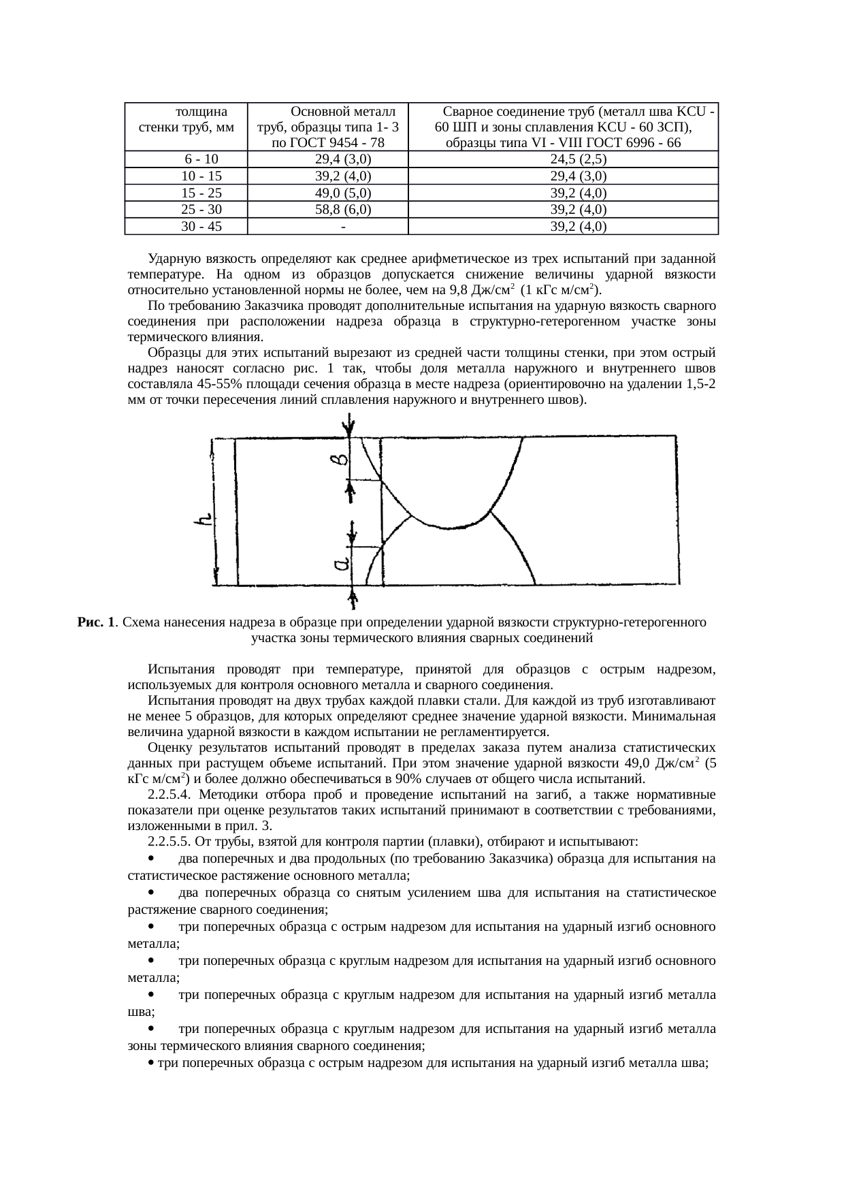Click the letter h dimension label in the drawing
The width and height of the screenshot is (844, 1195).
[203, 520]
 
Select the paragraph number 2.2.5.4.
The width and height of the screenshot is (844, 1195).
[170, 795]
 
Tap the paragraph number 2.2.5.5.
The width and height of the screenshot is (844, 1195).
[170, 842]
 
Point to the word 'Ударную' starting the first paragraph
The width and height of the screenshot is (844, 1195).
[171, 259]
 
